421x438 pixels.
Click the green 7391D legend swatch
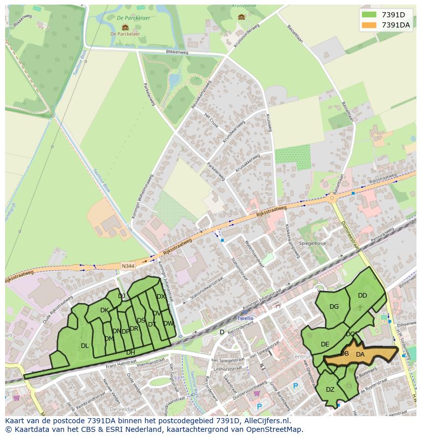(369, 15)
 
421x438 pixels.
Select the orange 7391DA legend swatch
(369, 25)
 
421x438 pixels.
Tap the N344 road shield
(129, 266)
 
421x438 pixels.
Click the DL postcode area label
(85, 346)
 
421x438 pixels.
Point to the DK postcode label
(104, 310)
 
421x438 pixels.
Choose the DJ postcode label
(122, 296)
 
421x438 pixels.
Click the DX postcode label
(161, 297)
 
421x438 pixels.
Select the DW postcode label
(168, 324)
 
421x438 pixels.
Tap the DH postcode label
(131, 352)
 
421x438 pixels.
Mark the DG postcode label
(334, 307)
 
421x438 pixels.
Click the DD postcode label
(362, 296)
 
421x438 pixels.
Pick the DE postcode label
(325, 344)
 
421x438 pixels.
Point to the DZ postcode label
(330, 390)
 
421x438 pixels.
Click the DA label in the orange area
(360, 355)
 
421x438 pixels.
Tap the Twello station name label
(245, 318)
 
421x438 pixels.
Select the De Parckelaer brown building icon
(125, 27)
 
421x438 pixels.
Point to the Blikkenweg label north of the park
(177, 52)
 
